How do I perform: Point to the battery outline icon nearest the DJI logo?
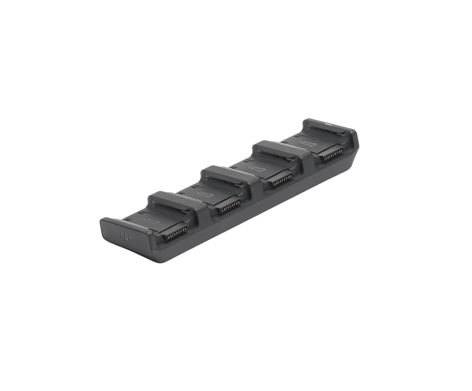[153, 222]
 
